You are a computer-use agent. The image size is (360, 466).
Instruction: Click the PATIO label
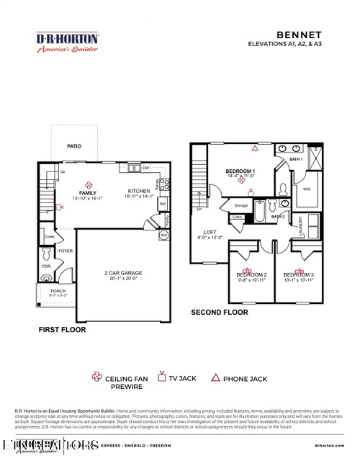click(x=74, y=146)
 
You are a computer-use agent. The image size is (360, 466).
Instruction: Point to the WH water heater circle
click(x=163, y=236)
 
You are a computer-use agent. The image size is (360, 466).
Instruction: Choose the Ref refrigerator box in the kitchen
click(x=162, y=203)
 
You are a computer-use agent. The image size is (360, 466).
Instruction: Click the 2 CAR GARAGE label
click(x=122, y=273)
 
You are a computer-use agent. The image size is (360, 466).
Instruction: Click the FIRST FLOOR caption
click(x=62, y=330)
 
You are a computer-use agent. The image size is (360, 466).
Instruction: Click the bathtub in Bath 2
click(x=258, y=215)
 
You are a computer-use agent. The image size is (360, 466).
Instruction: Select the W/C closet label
click(x=307, y=190)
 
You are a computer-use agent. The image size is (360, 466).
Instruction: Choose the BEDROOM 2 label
click(x=251, y=275)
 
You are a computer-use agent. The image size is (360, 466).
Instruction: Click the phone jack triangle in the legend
click(x=215, y=377)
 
